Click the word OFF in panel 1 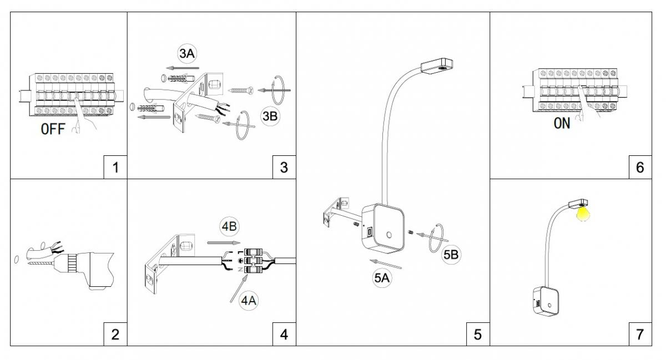pos(53,129)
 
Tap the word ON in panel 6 pos(562,123)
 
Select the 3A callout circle pos(187,53)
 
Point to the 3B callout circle pos(270,116)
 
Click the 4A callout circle pos(249,301)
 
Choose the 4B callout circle pos(229,226)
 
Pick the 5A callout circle pos(382,278)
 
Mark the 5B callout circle pos(451,255)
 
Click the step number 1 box pos(115,167)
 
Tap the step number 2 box pos(115,334)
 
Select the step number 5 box pos(478,334)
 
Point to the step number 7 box pos(640,334)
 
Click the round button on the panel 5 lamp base pos(389,235)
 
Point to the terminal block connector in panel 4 pos(253,261)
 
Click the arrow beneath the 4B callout pos(224,243)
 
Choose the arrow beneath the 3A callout pos(183,68)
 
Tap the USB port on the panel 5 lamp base pos(370,231)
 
